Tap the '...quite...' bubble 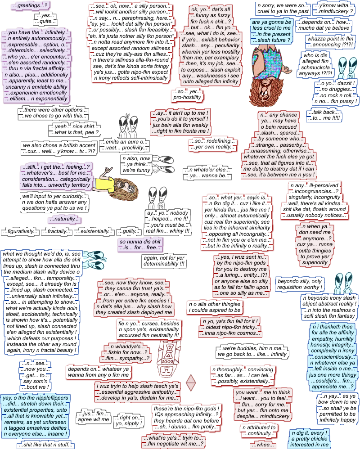[45, 21]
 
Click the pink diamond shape [192, 382]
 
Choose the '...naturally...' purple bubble [65, 219]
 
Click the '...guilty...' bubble [129, 231]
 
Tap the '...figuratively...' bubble [20, 232]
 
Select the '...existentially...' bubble [94, 232]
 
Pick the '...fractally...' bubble [57, 232]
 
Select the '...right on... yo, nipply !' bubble [129, 421]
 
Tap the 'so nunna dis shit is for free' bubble [139, 245]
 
